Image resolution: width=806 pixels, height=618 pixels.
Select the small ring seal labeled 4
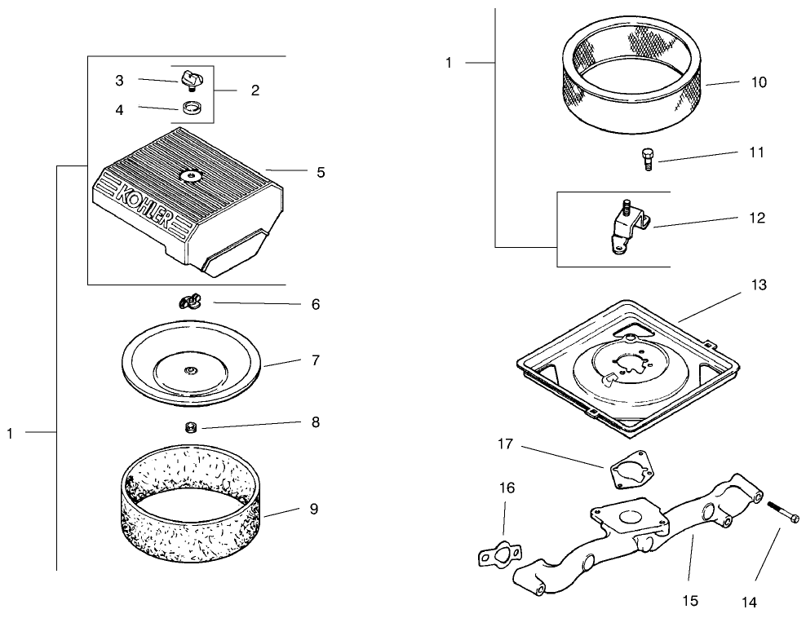click(x=192, y=108)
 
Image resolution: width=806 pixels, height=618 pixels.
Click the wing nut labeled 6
click(x=190, y=303)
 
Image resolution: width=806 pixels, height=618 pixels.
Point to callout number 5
click(x=321, y=173)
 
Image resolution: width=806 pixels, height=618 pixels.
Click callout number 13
click(x=759, y=285)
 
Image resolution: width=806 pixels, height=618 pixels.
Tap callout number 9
click(x=313, y=509)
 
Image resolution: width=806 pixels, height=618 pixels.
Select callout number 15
click(x=689, y=601)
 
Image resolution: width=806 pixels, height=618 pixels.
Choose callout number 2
click(x=255, y=90)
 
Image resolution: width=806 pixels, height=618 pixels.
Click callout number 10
click(x=759, y=82)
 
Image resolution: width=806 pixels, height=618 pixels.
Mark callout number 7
click(x=314, y=360)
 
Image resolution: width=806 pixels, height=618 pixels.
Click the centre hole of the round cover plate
click(x=189, y=371)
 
